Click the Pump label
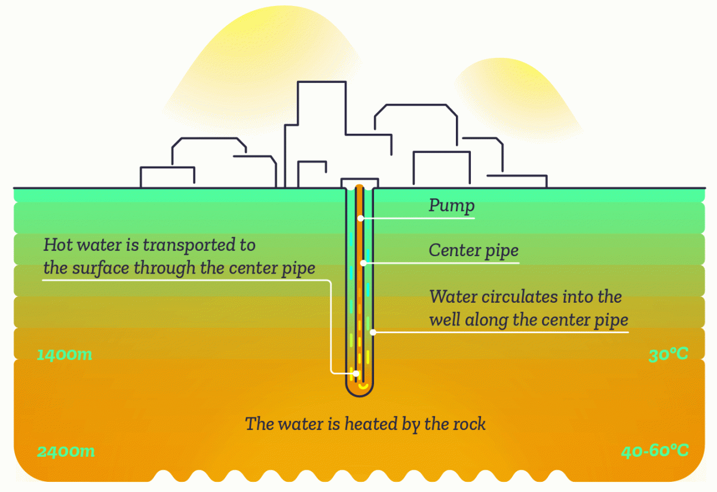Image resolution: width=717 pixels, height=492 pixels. click(452, 206)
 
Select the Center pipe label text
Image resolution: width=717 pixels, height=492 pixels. click(473, 250)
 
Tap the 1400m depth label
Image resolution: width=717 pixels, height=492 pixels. click(65, 355)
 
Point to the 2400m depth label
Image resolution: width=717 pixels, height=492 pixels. click(66, 451)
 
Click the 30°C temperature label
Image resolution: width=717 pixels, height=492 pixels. click(668, 354)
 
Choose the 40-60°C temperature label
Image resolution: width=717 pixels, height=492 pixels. click(654, 451)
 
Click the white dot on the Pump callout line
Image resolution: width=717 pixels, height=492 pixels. click(360, 219)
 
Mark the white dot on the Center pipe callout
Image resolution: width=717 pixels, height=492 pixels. click(362, 263)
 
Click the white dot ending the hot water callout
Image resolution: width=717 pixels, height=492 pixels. click(356, 374)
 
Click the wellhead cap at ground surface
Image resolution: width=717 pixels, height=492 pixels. click(359, 182)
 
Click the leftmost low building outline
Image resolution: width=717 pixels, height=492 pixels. click(167, 177)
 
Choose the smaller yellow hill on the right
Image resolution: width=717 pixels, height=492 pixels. click(514, 96)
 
